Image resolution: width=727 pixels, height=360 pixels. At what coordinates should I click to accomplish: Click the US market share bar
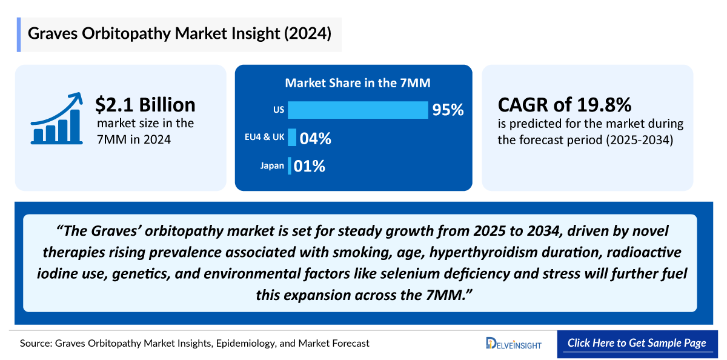coord(358,110)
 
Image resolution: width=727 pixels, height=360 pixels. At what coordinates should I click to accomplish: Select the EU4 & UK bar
coord(292,138)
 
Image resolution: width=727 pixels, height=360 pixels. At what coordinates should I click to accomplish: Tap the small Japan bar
coord(290,165)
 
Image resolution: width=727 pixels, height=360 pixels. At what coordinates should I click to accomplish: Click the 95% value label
coord(448,110)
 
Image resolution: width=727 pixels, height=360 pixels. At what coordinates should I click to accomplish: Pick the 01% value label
coord(310,166)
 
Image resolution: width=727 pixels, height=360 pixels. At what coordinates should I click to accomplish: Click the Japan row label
coord(272,165)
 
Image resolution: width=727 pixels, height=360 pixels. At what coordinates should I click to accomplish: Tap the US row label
coord(279,110)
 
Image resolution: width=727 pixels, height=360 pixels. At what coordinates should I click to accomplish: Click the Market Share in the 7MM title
coord(353,83)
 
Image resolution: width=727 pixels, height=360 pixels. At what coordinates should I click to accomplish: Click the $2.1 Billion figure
coord(145,104)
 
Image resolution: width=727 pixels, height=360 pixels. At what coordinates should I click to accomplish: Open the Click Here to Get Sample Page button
coord(637,343)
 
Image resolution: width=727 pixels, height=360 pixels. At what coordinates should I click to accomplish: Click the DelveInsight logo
coord(514,344)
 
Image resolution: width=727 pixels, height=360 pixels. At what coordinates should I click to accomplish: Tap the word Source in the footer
coord(35,344)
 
